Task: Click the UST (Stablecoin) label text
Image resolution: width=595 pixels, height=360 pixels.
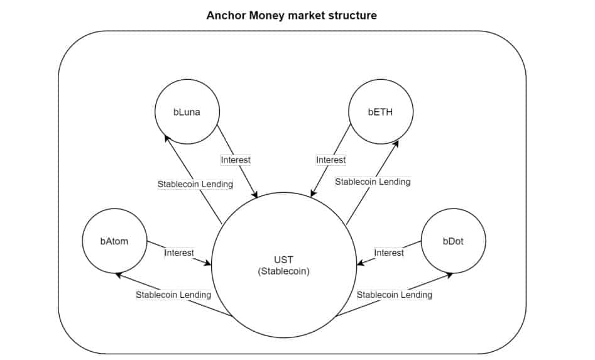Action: (284, 266)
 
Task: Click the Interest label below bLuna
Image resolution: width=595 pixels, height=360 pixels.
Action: (236, 160)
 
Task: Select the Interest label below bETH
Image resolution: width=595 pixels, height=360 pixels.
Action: (331, 160)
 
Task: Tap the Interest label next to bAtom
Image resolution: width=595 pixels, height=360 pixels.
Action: (179, 253)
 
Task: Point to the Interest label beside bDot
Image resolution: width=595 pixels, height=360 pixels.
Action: (389, 253)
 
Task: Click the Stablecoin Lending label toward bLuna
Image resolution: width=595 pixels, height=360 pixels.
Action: (195, 184)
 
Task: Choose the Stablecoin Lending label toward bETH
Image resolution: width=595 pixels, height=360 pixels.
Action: (373, 182)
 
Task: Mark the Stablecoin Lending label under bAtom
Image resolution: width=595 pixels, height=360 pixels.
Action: (173, 295)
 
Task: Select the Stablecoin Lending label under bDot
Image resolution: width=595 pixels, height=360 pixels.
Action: (395, 295)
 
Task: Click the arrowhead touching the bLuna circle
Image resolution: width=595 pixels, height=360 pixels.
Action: (167, 138)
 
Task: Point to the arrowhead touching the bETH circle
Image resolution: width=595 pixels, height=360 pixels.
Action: (395, 145)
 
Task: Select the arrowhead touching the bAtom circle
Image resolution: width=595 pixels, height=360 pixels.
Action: (119, 275)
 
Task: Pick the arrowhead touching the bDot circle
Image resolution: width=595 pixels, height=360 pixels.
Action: (448, 275)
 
